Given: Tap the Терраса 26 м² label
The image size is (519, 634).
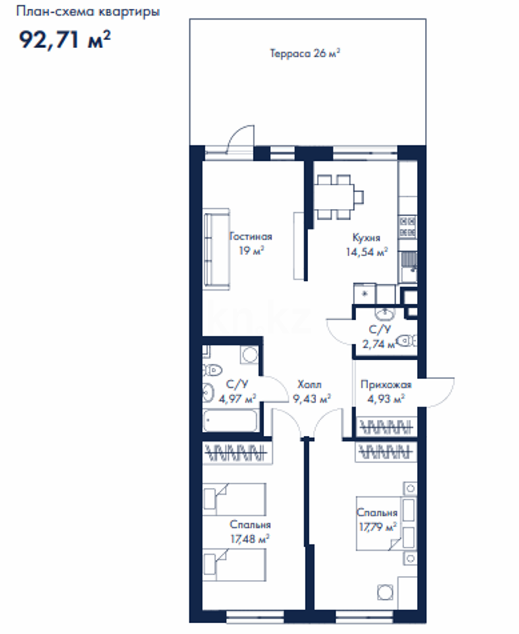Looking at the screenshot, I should coord(304,54).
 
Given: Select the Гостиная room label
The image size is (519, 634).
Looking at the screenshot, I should coord(250,237).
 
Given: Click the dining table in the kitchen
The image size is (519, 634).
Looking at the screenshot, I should coord(336,197).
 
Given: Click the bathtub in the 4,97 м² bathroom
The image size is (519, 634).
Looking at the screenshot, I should coord(230,422).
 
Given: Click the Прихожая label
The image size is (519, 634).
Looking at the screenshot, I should coord(385,385).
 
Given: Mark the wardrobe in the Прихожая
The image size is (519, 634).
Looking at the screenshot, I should coord(385,427).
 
